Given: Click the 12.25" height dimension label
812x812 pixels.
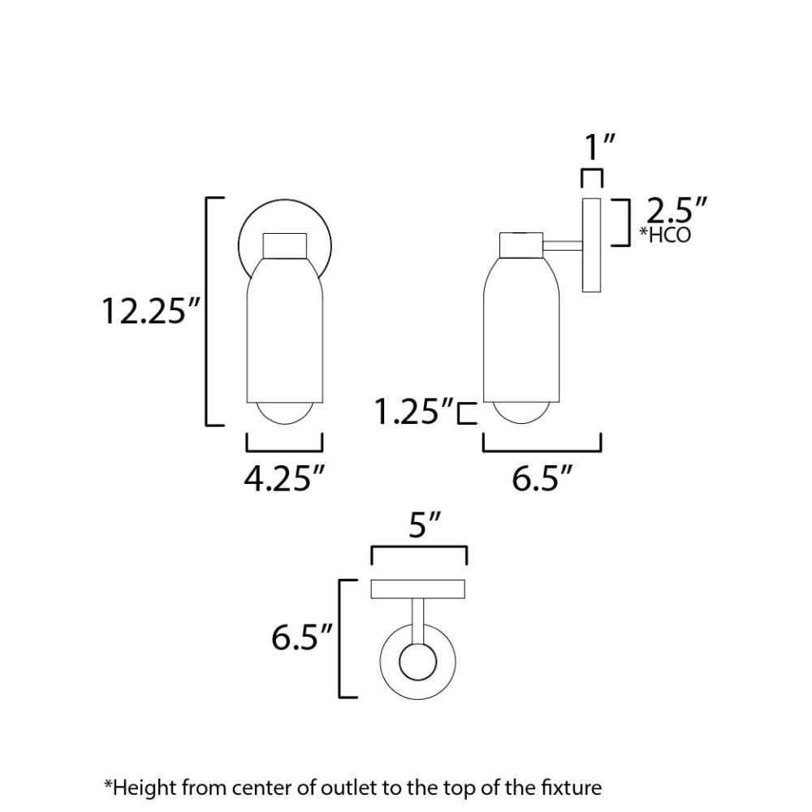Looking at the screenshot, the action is coord(151,311).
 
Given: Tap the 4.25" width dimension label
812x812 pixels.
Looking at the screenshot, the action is coord(284,478).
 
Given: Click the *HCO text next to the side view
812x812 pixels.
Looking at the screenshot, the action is coord(665,235).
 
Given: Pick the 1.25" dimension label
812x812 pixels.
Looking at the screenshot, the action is coord(414,412).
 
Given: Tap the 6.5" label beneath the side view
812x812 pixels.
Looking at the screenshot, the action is coord(542,478).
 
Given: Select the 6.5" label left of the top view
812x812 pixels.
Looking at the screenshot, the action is coord(301,637).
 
